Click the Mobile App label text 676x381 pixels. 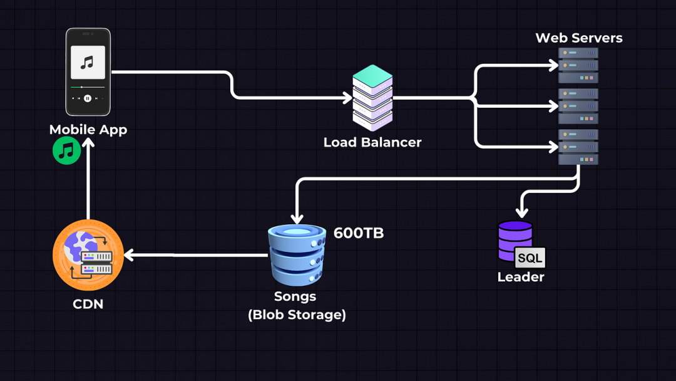88,130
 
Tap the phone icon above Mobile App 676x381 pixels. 88,71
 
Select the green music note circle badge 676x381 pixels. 67,151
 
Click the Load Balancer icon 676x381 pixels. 372,97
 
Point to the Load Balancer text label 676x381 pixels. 372,142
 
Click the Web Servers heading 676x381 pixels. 579,38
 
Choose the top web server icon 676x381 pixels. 578,65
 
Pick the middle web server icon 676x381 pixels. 578,106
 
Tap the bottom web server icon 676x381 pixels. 578,147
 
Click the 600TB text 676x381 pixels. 359,233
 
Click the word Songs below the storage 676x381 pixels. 295,296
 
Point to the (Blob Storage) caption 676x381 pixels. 297,315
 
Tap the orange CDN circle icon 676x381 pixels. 88,255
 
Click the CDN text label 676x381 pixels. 88,305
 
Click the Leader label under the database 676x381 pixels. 521,277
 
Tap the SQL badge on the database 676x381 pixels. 530,258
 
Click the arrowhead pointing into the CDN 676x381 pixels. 129,256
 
